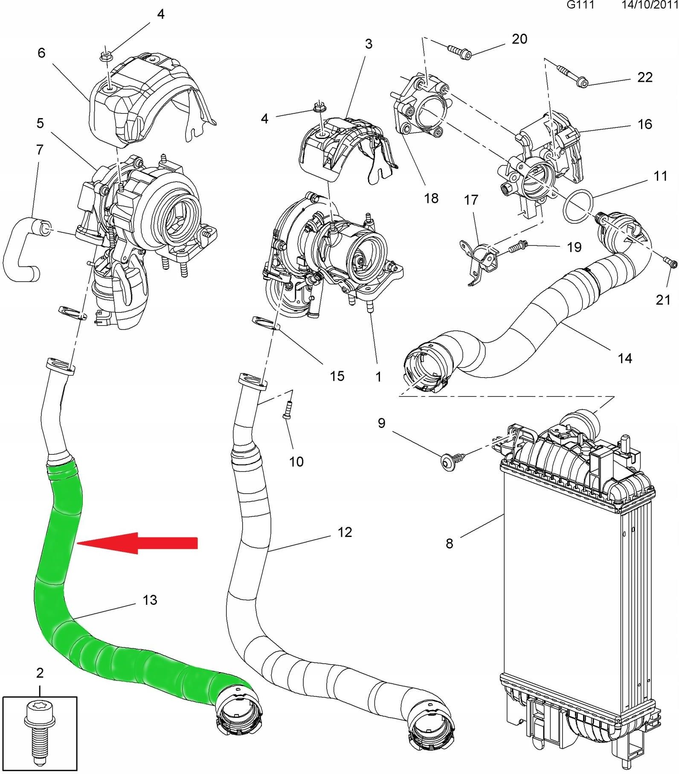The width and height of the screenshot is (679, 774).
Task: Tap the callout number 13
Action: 150,600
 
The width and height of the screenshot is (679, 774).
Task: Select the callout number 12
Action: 345,532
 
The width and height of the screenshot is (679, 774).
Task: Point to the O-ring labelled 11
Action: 578,206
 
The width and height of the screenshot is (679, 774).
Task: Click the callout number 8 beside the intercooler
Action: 449,543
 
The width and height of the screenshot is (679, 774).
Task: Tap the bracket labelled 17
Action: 480,260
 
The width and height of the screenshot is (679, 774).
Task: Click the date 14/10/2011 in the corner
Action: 649,5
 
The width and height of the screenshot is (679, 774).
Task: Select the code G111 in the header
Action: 580,5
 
